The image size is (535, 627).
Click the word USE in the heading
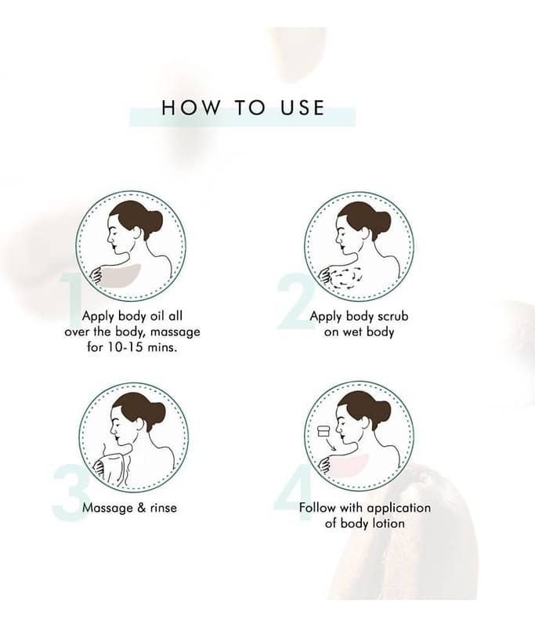point(302,108)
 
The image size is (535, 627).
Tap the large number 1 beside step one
point(71,300)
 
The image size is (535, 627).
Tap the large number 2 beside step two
point(295,301)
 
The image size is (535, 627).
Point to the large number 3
point(70,493)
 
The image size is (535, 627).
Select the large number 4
point(293,493)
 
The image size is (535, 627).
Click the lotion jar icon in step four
point(323,432)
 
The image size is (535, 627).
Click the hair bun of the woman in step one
point(154,220)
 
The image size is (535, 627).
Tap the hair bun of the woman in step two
point(381,221)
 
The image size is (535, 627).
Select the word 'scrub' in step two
point(392,316)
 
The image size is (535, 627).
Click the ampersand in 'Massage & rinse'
point(142,508)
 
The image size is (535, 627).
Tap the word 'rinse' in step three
point(164,508)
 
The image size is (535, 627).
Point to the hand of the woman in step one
point(96,276)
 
